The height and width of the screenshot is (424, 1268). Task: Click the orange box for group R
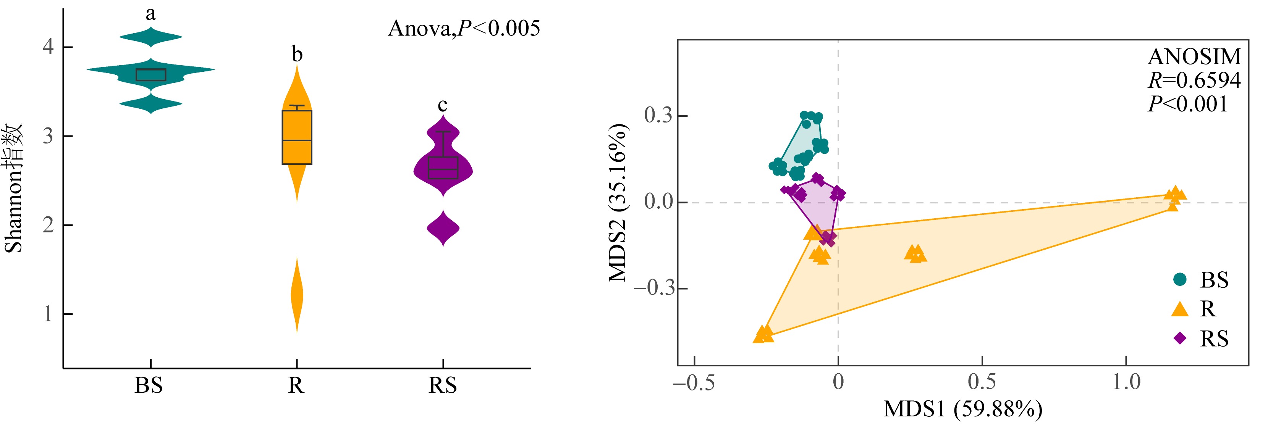297,137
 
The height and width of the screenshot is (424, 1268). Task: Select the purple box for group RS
443,167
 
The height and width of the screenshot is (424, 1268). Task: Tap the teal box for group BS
150,75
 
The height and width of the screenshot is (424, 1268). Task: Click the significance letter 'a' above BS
150,14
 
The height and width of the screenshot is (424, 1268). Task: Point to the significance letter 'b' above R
297,54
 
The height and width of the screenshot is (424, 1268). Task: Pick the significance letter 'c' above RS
443,105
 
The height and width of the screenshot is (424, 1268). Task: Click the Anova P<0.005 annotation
464,29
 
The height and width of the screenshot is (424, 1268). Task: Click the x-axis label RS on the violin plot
443,385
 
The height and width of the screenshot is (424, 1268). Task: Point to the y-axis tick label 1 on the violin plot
48,314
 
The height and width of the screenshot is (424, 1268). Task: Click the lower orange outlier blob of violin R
297,295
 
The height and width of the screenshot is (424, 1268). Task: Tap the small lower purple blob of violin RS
443,228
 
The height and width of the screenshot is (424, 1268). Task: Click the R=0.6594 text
1195,80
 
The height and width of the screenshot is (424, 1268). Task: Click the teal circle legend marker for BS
1180,279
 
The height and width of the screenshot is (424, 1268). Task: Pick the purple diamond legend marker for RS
1180,339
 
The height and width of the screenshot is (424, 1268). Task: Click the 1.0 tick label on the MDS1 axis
1126,382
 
